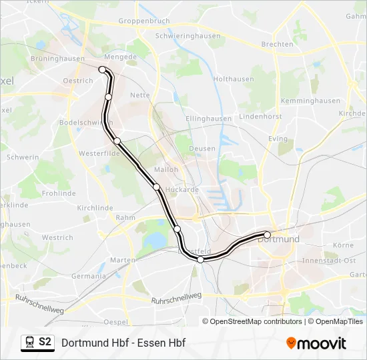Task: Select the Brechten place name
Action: click(277, 44)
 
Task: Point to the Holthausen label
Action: click(234, 79)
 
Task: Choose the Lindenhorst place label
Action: click(262, 116)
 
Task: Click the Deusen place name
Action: click(202, 149)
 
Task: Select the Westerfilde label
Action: click(98, 153)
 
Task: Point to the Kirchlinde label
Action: click(95, 208)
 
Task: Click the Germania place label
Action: click(89, 276)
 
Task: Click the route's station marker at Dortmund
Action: click(267, 235)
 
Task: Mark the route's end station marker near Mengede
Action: click(102, 69)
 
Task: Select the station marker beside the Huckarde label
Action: click(156, 187)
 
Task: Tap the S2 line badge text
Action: click(45, 343)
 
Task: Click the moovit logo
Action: click(316, 343)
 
